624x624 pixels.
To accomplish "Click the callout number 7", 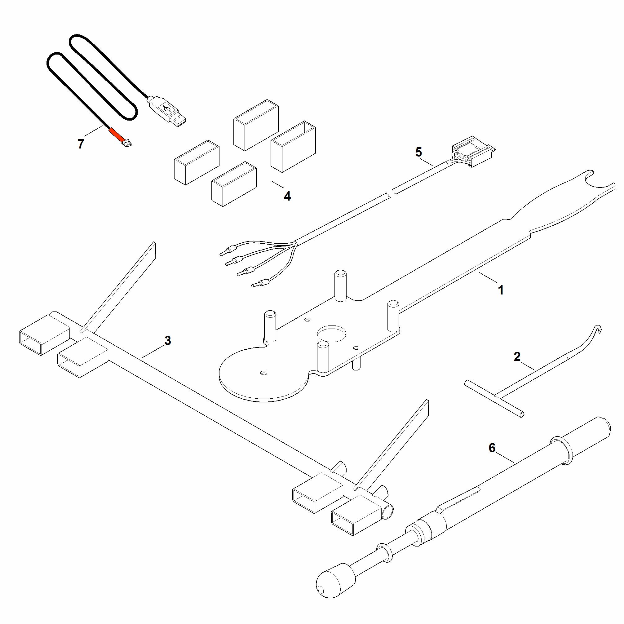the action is pos(81,144).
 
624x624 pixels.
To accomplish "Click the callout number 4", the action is pos(287,196).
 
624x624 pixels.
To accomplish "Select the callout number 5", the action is pos(418,152).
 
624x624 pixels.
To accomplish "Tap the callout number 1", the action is pos(501,290).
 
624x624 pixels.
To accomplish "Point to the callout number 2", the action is pos(517,357).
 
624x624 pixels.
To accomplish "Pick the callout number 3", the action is pos(168,340).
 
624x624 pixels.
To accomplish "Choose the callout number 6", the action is pos(492,448).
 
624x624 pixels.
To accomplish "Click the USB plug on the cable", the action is pos(167,111).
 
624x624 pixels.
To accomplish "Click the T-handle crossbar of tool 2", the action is pos(494,399).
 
